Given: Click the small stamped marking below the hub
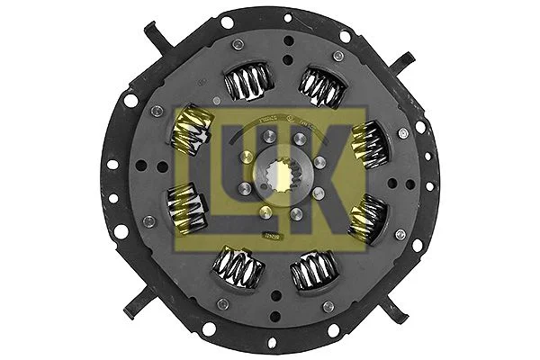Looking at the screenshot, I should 269,235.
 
